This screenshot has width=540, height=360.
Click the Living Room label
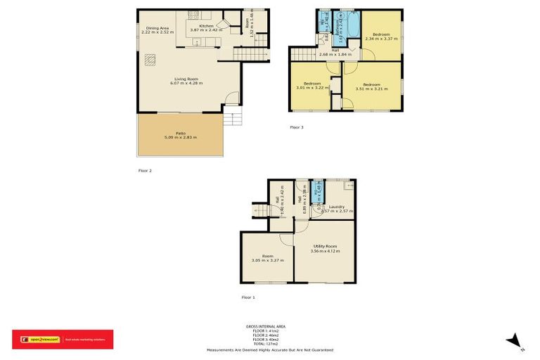pyautogui.click(x=186, y=79)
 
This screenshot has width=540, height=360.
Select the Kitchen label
pyautogui.click(x=206, y=26)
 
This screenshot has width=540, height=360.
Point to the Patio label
pyautogui.click(x=181, y=133)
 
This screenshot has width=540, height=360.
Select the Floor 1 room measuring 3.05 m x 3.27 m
pyautogui.click(x=267, y=258)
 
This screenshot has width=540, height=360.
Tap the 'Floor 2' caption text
pyautogui.click(x=145, y=170)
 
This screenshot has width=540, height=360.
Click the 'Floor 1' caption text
pyautogui.click(x=248, y=297)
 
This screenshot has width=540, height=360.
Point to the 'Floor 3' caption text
pyautogui.click(x=297, y=127)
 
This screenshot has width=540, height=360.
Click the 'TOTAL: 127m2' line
pyautogui.click(x=270, y=343)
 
